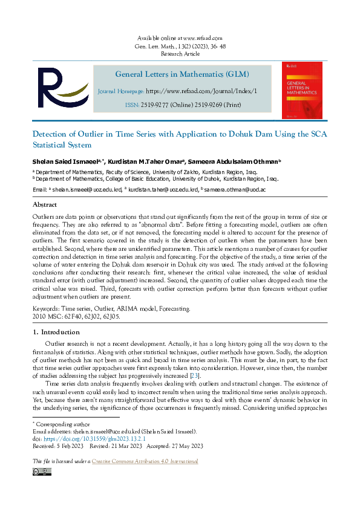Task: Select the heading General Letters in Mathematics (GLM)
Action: click(182, 74)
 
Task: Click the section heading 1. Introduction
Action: click(56, 332)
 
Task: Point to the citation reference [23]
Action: click(194, 375)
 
